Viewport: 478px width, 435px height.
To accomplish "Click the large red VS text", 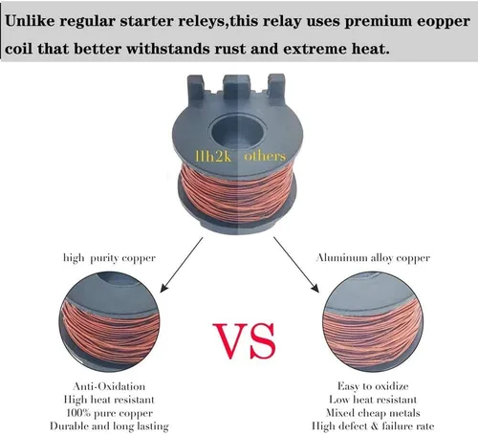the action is (244, 340).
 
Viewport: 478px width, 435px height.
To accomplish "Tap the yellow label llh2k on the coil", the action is (213, 157).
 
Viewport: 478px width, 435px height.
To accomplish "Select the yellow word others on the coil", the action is (265, 156).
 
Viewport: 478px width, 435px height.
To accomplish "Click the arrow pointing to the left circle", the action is (181, 265).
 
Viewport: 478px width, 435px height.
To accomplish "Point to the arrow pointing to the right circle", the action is (296, 265).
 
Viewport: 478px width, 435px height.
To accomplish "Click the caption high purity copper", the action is (109, 258).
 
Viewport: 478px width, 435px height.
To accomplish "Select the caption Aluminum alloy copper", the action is (373, 258).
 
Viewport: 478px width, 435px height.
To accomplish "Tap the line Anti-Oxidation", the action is (109, 386).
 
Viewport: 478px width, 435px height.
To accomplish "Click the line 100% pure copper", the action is (110, 413).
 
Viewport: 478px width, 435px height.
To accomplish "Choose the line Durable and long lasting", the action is (109, 426).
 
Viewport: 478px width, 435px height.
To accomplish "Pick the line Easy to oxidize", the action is (373, 386).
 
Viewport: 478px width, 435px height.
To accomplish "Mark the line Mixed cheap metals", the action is (373, 413).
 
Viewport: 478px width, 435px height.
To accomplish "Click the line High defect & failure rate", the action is (373, 426).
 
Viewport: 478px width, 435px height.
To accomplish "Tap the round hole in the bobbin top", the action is (238, 131).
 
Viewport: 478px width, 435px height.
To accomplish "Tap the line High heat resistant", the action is (109, 400).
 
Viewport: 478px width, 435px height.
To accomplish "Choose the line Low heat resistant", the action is (373, 400).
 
